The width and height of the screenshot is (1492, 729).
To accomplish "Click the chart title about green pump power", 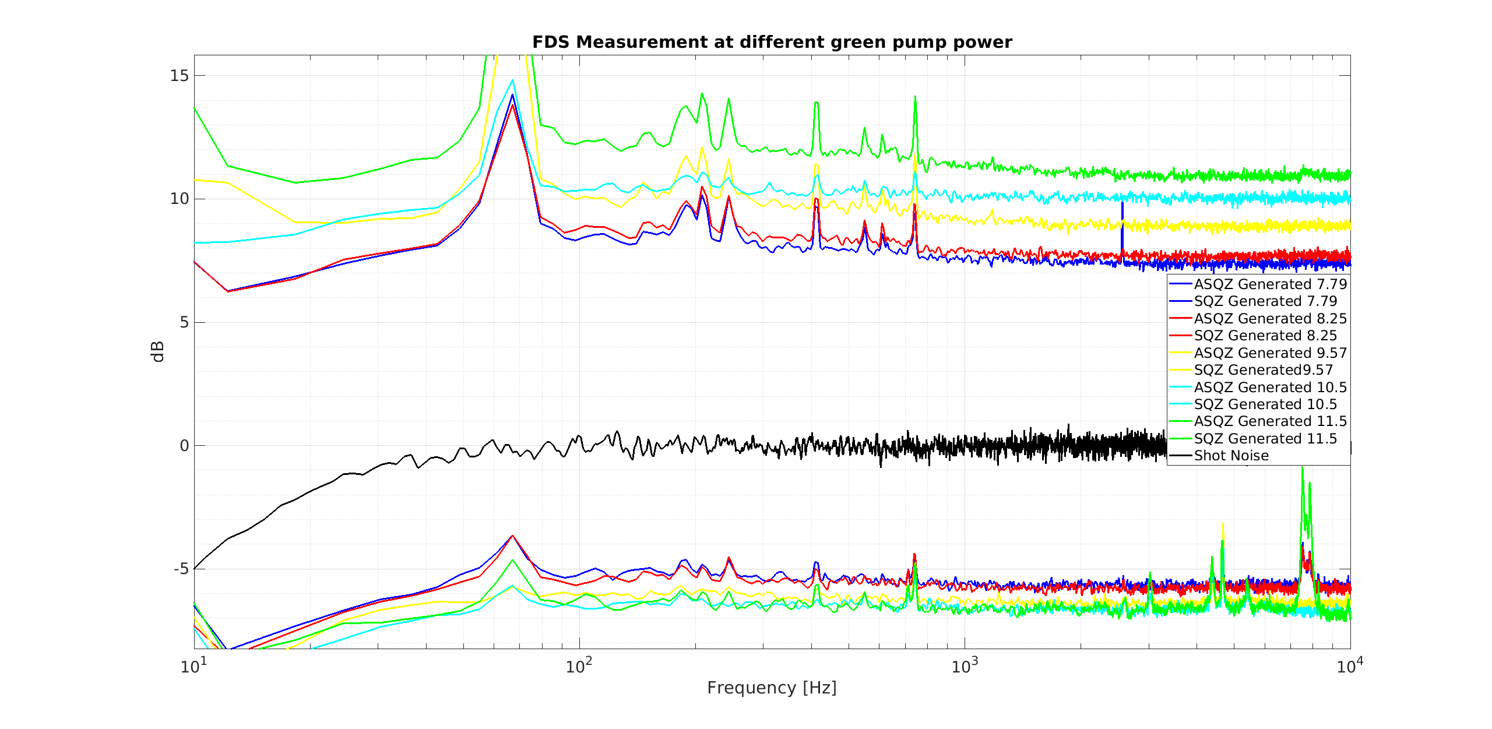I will pyautogui.click(x=772, y=42).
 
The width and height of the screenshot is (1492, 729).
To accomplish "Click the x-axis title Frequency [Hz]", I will pyautogui.click(x=772, y=688).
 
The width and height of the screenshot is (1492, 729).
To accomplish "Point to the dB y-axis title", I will pyautogui.click(x=157, y=351).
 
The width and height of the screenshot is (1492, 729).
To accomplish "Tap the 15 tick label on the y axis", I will pyautogui.click(x=180, y=75).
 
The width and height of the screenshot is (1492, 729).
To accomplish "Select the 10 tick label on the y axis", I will pyautogui.click(x=180, y=199).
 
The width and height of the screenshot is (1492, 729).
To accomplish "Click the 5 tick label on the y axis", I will pyautogui.click(x=184, y=322).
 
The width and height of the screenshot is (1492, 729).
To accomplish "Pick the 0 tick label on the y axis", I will pyautogui.click(x=184, y=446).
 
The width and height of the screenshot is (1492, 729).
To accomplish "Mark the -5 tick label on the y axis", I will pyautogui.click(x=181, y=569).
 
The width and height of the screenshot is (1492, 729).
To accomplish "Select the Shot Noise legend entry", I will pyautogui.click(x=1231, y=456).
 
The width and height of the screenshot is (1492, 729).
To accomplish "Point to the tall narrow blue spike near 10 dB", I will pyautogui.click(x=1122, y=224).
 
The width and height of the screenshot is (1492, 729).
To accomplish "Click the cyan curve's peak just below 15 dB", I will pyautogui.click(x=513, y=80).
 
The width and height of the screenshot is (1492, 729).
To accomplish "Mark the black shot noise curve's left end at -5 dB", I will pyautogui.click(x=195, y=568).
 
